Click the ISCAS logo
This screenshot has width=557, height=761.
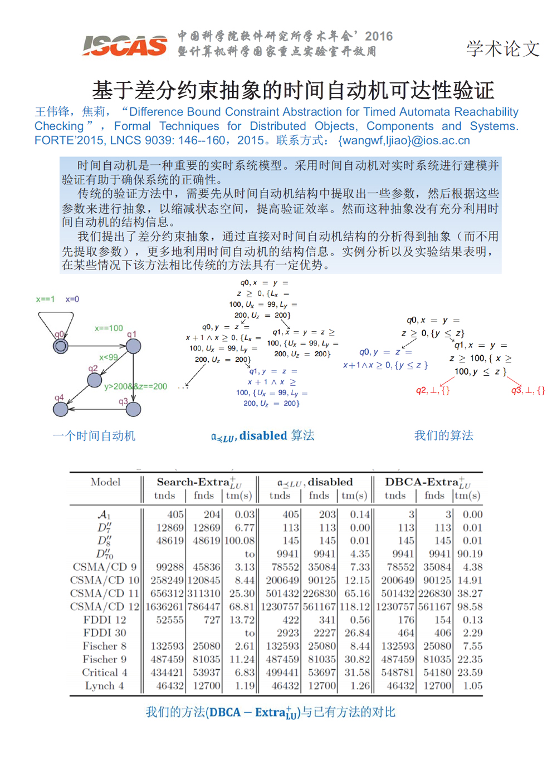click(x=125, y=45)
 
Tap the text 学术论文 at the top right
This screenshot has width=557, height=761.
click(x=502, y=48)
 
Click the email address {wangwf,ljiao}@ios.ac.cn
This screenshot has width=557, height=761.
click(x=404, y=140)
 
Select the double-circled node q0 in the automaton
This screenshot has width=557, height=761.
click(x=61, y=346)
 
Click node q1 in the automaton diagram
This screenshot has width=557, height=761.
click(x=133, y=346)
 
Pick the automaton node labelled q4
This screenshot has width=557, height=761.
click(x=60, y=409)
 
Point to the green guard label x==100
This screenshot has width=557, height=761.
click(x=109, y=328)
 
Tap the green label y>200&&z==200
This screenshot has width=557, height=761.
click(x=135, y=386)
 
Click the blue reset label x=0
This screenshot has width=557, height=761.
click(x=72, y=299)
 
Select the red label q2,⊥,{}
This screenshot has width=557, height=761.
click(x=432, y=390)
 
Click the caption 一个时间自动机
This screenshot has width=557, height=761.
click(x=94, y=435)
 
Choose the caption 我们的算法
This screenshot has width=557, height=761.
click(x=443, y=435)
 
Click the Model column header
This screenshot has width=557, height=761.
click(x=105, y=482)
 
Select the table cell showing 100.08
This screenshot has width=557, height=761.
click(x=239, y=541)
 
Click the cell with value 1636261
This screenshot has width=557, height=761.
click(x=164, y=607)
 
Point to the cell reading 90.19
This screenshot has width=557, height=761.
click(x=470, y=554)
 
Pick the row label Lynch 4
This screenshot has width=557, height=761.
click(x=104, y=686)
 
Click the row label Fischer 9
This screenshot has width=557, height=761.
click(x=104, y=659)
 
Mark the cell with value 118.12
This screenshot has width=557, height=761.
click(x=355, y=607)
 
